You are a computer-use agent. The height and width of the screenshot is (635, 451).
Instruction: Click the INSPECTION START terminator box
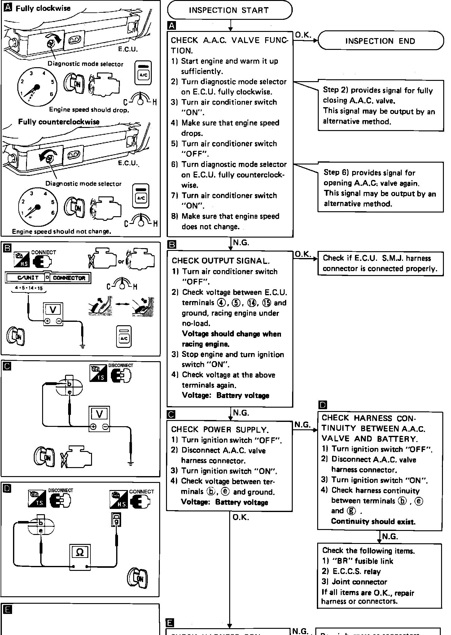coord(230,10)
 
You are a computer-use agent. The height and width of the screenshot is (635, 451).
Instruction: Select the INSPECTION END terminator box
coord(380,41)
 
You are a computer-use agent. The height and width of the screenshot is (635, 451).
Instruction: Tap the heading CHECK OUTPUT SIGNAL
coord(221,261)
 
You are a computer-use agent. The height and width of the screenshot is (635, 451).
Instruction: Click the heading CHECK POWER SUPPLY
coord(220,430)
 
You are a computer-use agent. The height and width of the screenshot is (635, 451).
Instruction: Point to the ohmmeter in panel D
coord(80,557)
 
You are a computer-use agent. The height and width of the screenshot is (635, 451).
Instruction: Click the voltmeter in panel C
coord(99,418)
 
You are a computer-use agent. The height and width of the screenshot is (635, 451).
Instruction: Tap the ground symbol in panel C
coord(130,463)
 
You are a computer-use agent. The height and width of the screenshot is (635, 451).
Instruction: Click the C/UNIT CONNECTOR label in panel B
coord(48,278)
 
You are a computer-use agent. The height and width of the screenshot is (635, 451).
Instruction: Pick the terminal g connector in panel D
coord(116,520)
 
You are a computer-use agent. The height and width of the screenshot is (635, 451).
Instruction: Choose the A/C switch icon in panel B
coord(124,336)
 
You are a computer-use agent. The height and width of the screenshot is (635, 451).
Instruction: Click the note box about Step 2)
coord(380,105)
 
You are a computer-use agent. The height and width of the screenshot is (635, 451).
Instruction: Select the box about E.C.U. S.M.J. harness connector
coord(380,263)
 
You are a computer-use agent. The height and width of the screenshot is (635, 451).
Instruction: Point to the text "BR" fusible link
coord(358,561)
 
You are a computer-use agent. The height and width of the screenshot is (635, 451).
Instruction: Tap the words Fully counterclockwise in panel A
coord(59,122)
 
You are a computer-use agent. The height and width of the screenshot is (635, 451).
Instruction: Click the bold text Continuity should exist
coord(373,522)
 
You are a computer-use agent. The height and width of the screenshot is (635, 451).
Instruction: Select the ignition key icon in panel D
coord(137,578)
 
